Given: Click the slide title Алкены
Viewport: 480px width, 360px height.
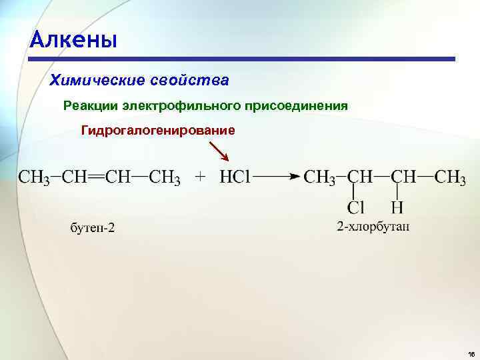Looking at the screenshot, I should [x=73, y=41].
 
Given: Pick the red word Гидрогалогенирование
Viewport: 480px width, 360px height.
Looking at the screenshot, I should [x=158, y=130].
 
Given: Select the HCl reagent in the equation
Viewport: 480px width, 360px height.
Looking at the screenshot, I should [x=235, y=178].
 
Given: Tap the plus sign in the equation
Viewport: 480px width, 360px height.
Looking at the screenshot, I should [x=201, y=178].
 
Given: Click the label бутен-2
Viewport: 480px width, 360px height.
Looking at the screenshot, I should [x=93, y=229].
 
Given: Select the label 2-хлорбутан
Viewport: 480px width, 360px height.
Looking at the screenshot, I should [x=373, y=227].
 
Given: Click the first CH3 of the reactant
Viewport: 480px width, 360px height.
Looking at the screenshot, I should [x=33, y=178].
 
